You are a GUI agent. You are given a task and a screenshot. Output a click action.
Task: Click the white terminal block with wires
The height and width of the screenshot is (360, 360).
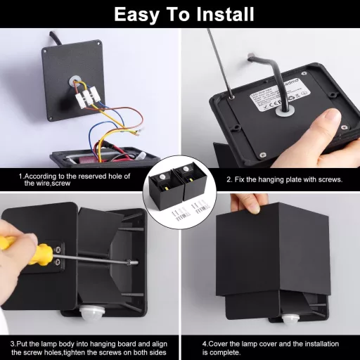coord(85,94)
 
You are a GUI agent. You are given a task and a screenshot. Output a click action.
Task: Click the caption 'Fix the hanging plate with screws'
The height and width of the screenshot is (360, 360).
coord(284,179)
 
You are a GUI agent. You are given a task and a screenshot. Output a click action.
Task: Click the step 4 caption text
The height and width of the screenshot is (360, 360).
coord(271,347)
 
